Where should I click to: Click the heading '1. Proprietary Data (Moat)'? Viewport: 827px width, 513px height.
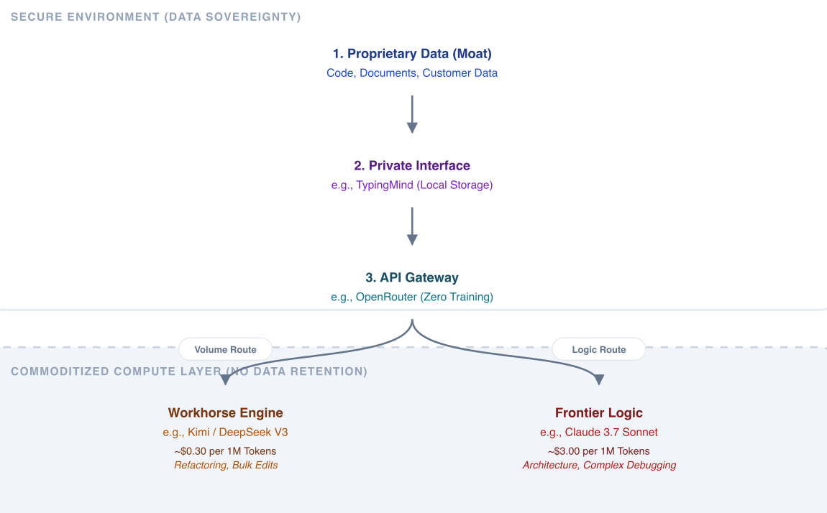[x=412, y=54]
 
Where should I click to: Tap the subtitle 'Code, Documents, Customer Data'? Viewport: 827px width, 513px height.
[x=412, y=73]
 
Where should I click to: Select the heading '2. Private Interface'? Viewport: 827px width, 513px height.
[x=412, y=166]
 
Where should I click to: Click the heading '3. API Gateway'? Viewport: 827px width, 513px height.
[x=412, y=277]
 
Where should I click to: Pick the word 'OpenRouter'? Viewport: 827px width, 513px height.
[x=386, y=297]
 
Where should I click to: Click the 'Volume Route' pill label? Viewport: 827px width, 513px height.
[x=226, y=350]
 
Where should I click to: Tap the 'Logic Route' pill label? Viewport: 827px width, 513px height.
[x=599, y=350]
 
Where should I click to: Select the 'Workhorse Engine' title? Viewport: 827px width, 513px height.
[x=226, y=413]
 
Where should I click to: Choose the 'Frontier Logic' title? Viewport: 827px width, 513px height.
[x=599, y=413]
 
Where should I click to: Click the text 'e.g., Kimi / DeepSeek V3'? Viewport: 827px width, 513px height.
[x=226, y=433]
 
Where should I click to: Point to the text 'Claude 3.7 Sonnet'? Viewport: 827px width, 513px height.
[x=611, y=433]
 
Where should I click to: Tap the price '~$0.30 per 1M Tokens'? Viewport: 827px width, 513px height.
[x=226, y=451]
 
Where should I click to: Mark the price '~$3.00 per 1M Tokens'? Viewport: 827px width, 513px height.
[x=599, y=451]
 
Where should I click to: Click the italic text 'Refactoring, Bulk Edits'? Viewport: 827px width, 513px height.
[x=226, y=465]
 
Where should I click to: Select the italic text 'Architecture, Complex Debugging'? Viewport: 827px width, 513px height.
[x=599, y=465]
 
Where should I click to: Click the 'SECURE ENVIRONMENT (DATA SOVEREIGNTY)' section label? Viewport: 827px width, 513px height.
[x=156, y=17]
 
